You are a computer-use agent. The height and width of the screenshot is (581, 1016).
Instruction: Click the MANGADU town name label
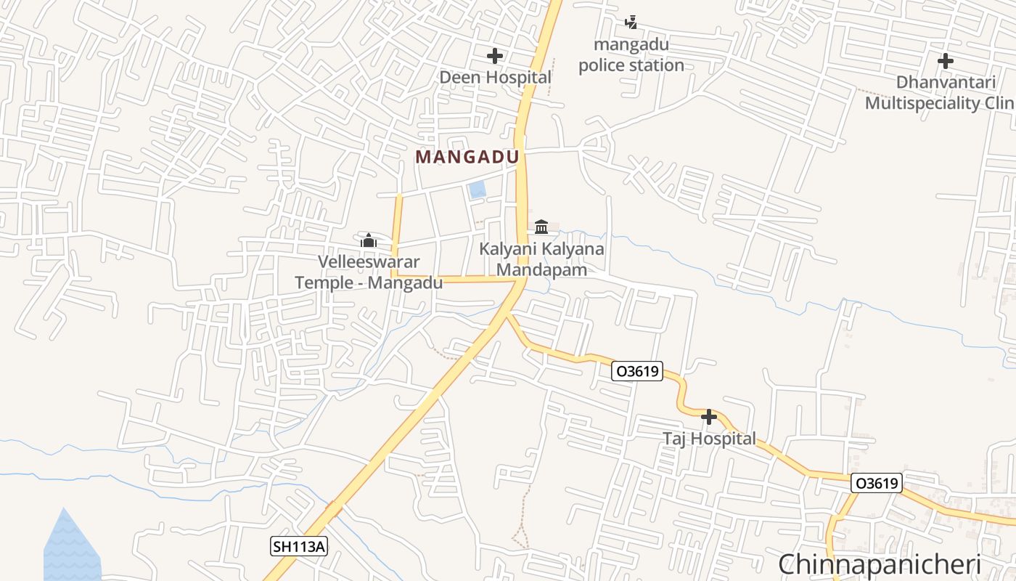point(467,157)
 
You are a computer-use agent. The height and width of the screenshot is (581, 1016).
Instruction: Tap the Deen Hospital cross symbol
point(495,56)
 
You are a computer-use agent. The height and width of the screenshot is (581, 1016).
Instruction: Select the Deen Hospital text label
point(495,77)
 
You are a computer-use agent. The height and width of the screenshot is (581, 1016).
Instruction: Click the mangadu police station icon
point(631,23)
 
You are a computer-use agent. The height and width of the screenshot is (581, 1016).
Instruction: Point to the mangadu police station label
point(631,55)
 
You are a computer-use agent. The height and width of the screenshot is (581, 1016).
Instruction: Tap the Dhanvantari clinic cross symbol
point(945,61)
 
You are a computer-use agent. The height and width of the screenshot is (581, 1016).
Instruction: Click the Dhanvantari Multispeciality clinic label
point(940,93)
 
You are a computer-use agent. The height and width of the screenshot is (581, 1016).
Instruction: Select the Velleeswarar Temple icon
point(369,240)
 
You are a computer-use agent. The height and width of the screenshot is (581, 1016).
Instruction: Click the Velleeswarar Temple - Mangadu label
point(369,272)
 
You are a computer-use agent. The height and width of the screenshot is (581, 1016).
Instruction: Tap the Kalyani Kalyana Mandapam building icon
point(541,227)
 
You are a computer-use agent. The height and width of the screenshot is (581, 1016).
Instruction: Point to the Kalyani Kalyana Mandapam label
point(541,259)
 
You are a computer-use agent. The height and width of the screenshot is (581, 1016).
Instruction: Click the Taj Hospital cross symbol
point(709,418)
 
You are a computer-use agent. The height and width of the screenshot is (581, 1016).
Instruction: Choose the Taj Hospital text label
point(709,439)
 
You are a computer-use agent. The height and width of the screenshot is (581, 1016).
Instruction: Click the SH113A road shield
point(298,546)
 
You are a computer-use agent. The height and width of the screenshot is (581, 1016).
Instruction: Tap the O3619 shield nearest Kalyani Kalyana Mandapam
point(636,371)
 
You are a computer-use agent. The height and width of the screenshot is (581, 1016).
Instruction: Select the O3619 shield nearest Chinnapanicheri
point(876,483)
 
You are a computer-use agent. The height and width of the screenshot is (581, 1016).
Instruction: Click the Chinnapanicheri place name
point(880,564)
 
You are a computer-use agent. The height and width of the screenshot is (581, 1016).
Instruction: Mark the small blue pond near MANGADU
point(477,190)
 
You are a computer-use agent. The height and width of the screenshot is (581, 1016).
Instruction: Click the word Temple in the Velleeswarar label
point(324,283)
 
